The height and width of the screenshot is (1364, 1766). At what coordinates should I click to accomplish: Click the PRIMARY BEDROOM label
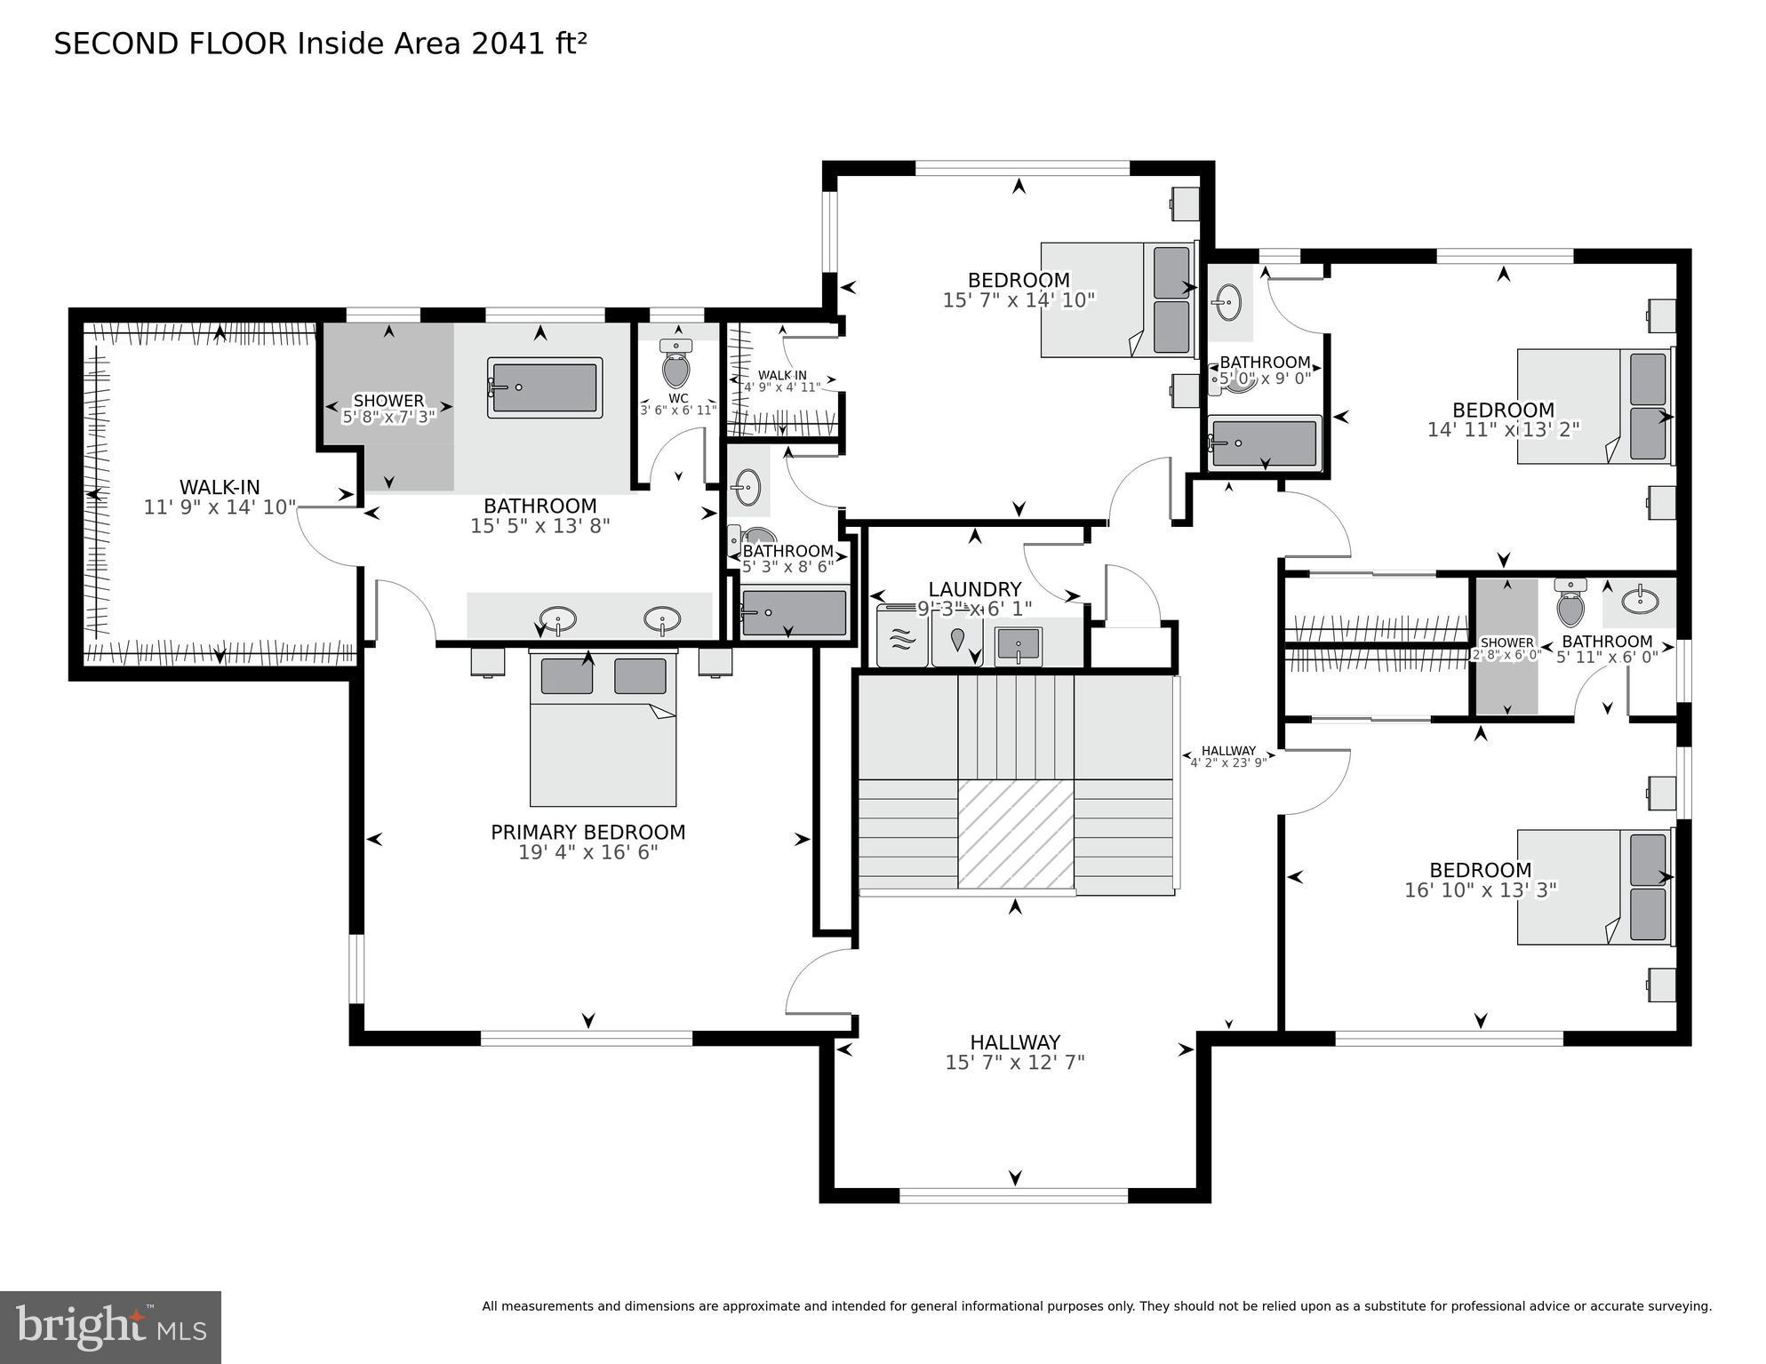(x=587, y=833)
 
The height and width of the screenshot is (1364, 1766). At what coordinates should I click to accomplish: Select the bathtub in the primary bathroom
(x=545, y=387)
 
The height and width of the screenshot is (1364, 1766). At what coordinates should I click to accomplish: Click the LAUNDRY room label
(x=974, y=589)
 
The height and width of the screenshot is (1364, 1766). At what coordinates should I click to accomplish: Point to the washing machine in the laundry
(x=902, y=637)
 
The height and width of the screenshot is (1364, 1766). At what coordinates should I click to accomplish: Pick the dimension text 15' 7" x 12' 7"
(x=1014, y=1062)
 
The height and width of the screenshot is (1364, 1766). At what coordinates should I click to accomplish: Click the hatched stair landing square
(x=1015, y=834)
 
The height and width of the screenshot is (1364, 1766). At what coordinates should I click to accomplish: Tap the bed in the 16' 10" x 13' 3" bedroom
(x=1594, y=887)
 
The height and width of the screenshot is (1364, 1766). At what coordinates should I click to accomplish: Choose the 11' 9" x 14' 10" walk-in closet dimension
(x=220, y=507)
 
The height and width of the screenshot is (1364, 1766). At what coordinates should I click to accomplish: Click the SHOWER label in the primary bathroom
(x=388, y=400)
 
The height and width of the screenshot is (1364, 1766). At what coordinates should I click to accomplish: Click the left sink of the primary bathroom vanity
(x=557, y=618)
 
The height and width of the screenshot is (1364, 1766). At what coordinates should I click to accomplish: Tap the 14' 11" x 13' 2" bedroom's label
(x=1503, y=411)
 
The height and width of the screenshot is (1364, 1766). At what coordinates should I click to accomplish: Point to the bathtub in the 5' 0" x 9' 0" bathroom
(x=1264, y=443)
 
